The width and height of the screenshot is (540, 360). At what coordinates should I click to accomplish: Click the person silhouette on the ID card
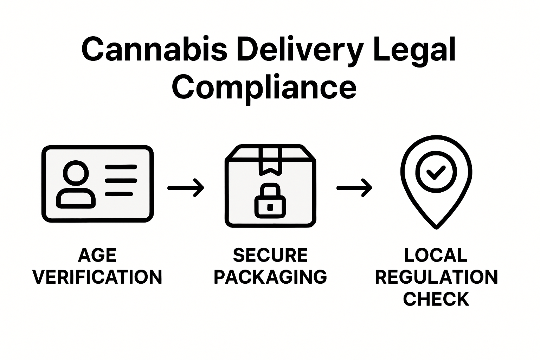tap(76, 185)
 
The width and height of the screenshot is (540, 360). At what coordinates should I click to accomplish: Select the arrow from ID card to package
tap(186, 188)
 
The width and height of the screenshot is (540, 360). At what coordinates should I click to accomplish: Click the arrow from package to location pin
tap(354, 188)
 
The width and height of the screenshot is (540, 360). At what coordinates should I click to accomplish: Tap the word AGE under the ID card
tap(97, 256)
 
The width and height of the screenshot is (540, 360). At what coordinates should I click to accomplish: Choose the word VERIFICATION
tap(97, 277)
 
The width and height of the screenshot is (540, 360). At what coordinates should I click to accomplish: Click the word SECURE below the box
tap(270, 256)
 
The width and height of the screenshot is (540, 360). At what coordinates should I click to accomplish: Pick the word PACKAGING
tap(270, 277)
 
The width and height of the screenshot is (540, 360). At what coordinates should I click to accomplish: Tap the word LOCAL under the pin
tap(436, 256)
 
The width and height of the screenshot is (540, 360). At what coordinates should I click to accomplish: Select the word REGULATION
tap(436, 277)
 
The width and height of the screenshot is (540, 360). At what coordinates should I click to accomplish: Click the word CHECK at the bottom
tap(436, 299)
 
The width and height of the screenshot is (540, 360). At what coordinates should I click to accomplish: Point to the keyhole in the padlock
tap(270, 207)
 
